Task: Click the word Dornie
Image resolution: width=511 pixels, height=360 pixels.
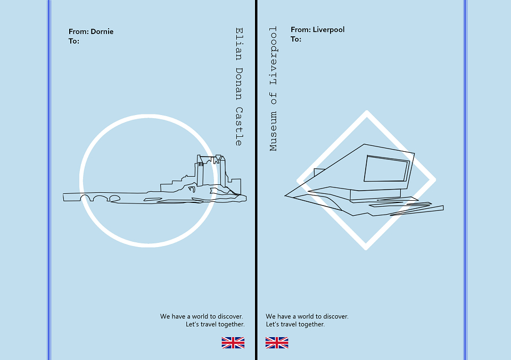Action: pos(102,31)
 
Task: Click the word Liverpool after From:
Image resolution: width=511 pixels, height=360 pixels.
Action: pos(328,30)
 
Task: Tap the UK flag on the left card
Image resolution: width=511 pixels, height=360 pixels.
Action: pos(233,343)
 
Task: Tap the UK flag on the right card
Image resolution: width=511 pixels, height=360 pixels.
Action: pos(277,343)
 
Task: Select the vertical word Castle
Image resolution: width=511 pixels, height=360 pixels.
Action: pos(239,126)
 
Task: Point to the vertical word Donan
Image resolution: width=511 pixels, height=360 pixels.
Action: pos(239,84)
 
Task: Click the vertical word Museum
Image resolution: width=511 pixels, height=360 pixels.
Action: pos(273,132)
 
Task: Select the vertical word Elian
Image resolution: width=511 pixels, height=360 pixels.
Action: pos(239,44)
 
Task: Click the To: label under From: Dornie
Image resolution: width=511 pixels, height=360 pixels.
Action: pos(73,41)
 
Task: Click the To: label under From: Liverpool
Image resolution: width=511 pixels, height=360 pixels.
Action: pos(296,39)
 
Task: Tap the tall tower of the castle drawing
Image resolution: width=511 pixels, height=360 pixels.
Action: pos(200,173)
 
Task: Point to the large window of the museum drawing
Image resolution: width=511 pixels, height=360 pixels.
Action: pos(386,169)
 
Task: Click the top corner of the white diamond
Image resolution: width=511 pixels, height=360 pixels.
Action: pos(367,111)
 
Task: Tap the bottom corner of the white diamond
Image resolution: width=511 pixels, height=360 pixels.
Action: pos(366,249)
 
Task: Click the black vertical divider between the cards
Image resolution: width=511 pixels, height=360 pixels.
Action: pos(256,180)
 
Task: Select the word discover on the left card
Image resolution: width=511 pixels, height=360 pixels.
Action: pos(230,316)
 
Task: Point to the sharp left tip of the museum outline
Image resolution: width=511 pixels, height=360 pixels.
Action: pos(285,195)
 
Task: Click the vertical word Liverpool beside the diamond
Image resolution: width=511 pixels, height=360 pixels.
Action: pos(273,56)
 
